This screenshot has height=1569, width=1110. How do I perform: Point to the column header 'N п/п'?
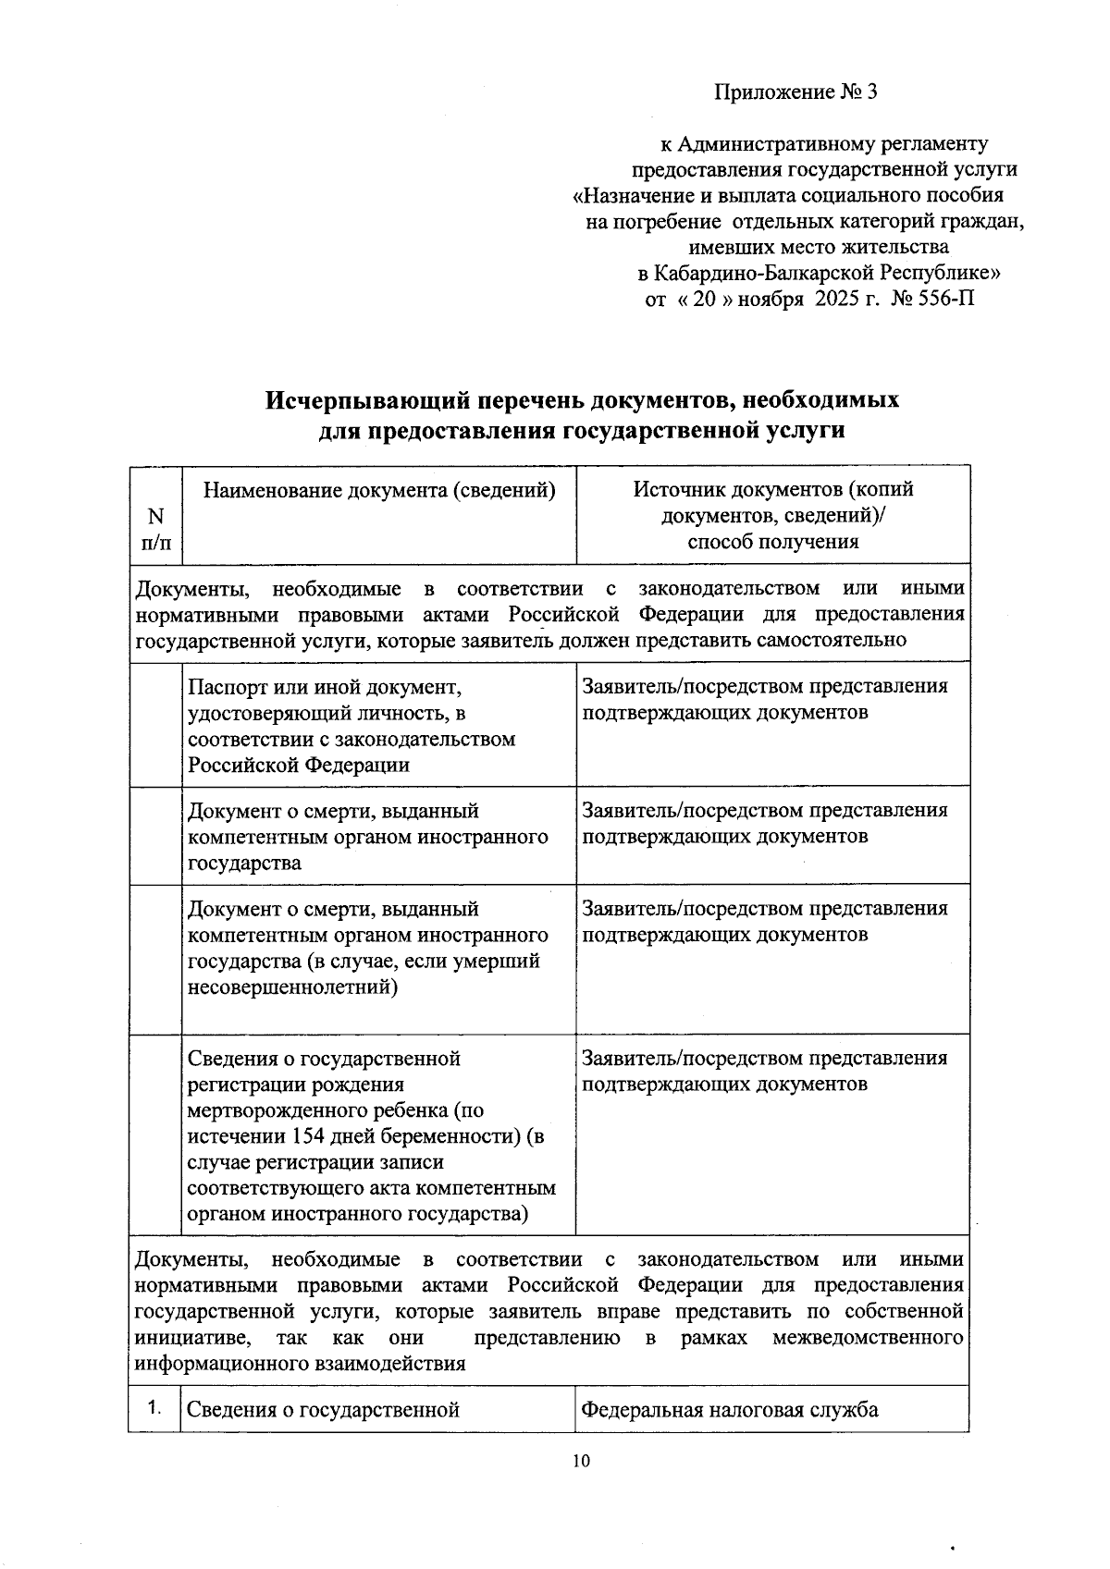click(x=155, y=529)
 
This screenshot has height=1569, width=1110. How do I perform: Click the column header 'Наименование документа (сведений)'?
click(x=379, y=490)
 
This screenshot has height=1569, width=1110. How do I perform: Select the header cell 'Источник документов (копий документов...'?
click(x=772, y=515)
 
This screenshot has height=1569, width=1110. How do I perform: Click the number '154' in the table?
click(x=308, y=1136)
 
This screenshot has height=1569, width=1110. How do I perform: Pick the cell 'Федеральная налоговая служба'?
click(x=729, y=1410)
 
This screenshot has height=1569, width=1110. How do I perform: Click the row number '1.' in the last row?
click(x=154, y=1409)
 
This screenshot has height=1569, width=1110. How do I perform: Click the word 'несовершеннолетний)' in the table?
click(x=292, y=987)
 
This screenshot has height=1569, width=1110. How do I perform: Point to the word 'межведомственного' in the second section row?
click(x=868, y=1338)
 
